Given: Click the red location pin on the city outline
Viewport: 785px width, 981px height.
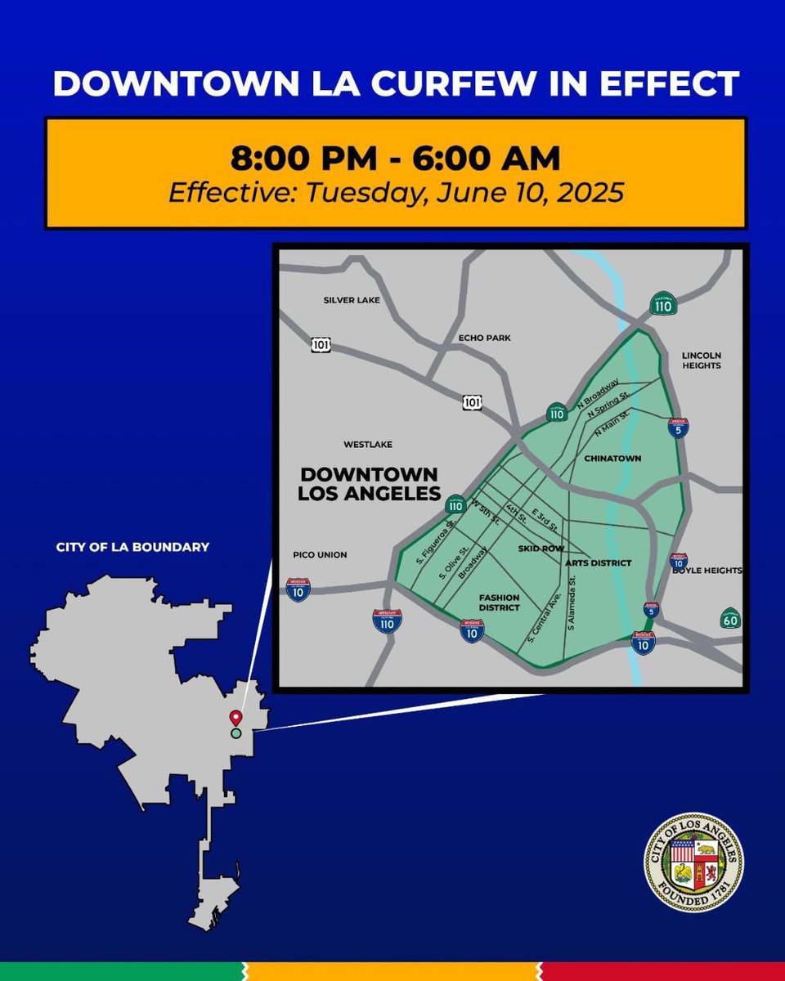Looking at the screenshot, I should [x=235, y=718].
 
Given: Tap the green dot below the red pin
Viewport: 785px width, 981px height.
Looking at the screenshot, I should [x=235, y=733].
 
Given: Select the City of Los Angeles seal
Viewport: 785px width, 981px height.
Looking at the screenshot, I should [x=694, y=862].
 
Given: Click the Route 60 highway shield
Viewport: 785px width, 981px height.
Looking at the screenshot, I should [x=730, y=618].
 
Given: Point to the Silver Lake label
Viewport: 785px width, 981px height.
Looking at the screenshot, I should [x=352, y=300].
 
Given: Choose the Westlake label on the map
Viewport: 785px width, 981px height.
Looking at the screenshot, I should [x=368, y=444].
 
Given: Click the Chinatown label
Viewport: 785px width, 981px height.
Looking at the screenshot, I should [x=612, y=459].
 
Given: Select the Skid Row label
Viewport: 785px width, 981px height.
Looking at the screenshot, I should [x=541, y=548].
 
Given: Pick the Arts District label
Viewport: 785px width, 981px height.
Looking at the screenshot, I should [x=599, y=563].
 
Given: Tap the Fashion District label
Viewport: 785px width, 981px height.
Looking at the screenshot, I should [x=499, y=602].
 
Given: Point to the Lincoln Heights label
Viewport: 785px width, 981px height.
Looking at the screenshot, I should [x=702, y=361].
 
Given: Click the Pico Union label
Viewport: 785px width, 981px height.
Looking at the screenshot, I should [x=320, y=555].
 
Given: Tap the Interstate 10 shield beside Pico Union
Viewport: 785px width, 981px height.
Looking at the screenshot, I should [x=298, y=589].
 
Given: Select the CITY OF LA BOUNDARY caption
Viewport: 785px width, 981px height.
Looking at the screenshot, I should [x=132, y=546].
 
